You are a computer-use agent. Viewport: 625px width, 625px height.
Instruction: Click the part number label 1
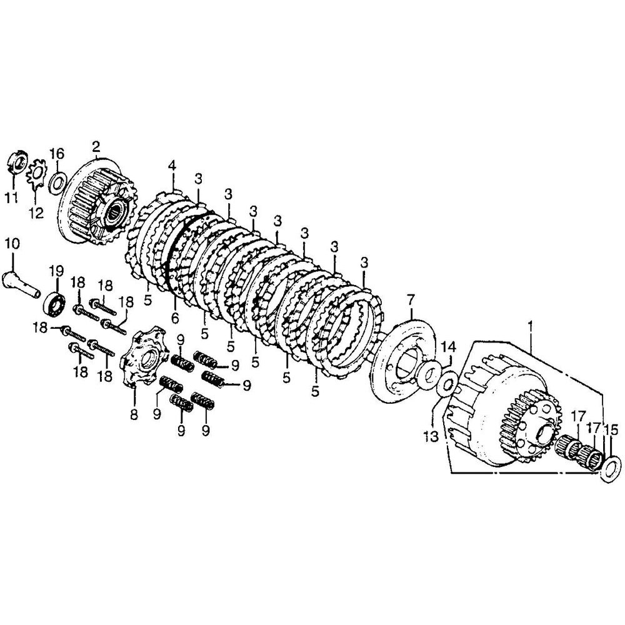tap(530, 327)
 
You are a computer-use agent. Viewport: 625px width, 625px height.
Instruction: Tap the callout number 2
tap(96, 147)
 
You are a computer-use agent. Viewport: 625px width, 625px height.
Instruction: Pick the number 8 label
tap(134, 414)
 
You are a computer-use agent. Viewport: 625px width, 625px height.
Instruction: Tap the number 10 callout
tap(12, 244)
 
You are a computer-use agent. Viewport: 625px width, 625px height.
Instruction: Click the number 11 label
tap(11, 197)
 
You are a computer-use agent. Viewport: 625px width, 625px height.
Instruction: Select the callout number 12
tap(36, 213)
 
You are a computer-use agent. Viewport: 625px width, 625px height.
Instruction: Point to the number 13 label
tap(431, 436)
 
